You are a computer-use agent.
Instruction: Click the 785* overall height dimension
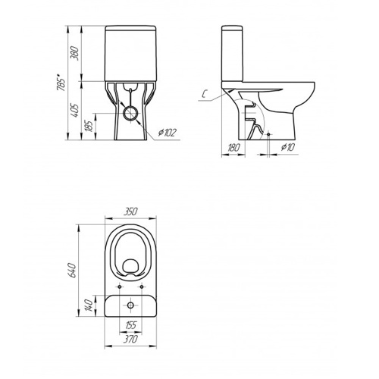click(61, 82)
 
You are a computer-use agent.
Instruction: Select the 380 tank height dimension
click(75, 53)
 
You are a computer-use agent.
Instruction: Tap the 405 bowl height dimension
click(75, 111)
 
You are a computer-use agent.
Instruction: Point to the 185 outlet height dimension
click(89, 126)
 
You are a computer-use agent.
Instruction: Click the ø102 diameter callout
click(167, 133)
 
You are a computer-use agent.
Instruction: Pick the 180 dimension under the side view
click(233, 148)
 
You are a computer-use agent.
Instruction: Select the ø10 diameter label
click(288, 147)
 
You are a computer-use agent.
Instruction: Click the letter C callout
click(205, 94)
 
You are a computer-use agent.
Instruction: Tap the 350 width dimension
click(130, 211)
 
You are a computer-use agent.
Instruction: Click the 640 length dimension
click(73, 270)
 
